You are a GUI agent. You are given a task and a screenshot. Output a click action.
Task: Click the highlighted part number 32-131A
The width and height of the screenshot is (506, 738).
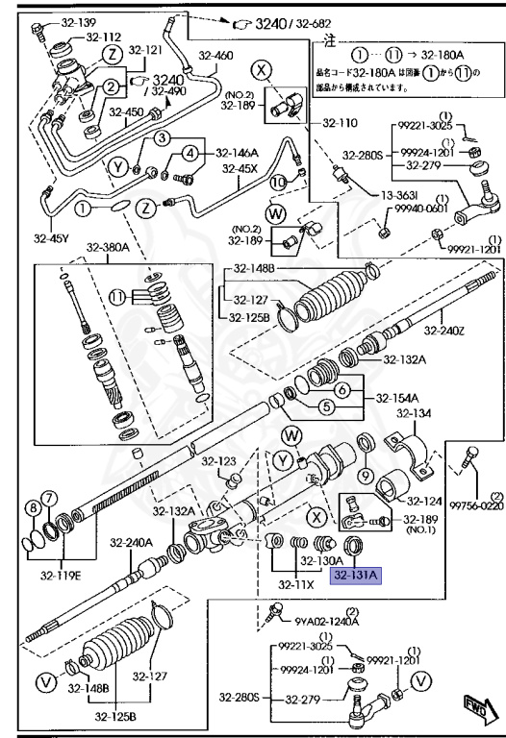click(357, 576)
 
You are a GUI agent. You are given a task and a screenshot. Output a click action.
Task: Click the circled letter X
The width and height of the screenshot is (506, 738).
click(262, 68)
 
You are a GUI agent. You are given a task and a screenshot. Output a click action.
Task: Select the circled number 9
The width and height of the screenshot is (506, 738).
click(366, 475)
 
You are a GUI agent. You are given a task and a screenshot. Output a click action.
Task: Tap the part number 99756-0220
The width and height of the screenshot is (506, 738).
click(476, 504)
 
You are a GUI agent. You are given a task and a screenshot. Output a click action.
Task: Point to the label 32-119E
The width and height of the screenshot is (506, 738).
click(61, 577)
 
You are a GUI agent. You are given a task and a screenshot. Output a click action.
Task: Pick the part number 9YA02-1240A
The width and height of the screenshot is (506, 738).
click(327, 620)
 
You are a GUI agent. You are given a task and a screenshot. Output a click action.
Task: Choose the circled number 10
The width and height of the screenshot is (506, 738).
click(277, 182)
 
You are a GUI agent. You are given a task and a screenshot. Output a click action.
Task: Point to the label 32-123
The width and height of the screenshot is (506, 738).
click(219, 461)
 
